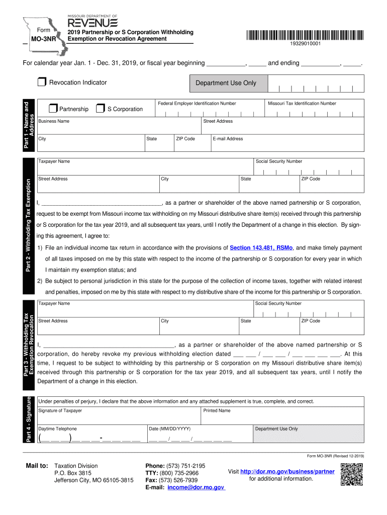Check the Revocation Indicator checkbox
[42, 82]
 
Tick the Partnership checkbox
[53, 109]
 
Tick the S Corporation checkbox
[101, 109]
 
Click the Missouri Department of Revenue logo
[92, 22]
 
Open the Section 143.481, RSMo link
[262, 248]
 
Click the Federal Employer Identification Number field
[210, 111]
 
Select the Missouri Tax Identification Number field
[314, 111]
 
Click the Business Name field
[118, 128]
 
